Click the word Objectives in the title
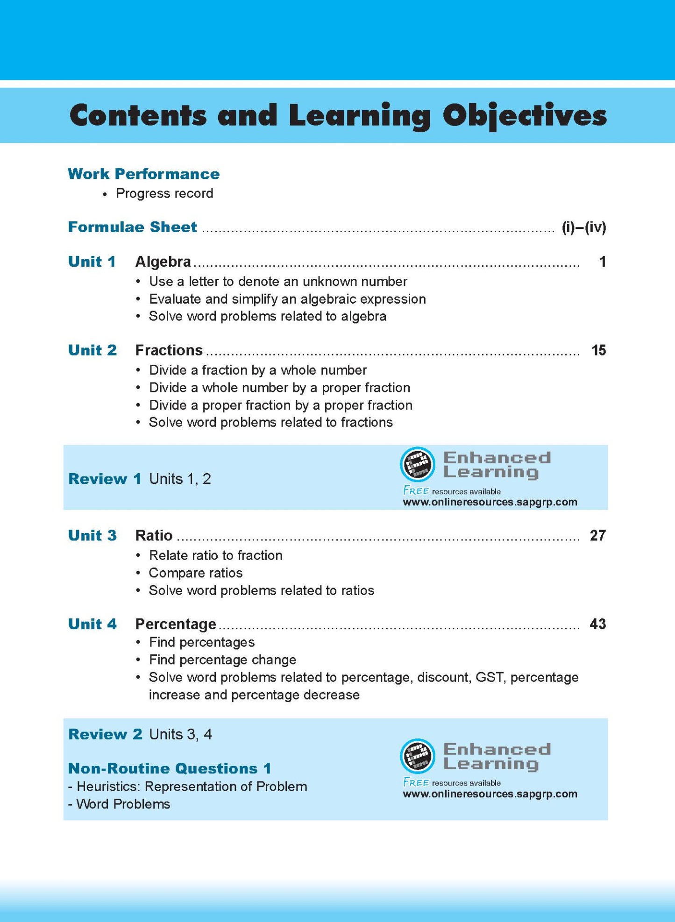tap(524, 116)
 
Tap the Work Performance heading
tap(143, 174)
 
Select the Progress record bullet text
tap(164, 193)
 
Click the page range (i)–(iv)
tap(583, 227)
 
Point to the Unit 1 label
tap(92, 262)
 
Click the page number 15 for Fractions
tap(598, 350)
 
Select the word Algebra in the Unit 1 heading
tap(163, 262)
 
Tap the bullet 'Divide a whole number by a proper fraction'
tap(279, 388)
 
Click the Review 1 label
tap(105, 479)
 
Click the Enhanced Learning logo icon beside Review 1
tap(417, 464)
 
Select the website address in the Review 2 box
tap(490, 794)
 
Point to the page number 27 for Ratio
tap(597, 535)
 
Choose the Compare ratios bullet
tap(195, 573)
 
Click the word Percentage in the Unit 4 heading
tap(176, 624)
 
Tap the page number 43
tap(597, 624)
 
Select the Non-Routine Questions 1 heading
tap(170, 768)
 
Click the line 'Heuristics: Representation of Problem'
tap(192, 787)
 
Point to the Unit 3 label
tap(92, 535)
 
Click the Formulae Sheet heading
tap(132, 227)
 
